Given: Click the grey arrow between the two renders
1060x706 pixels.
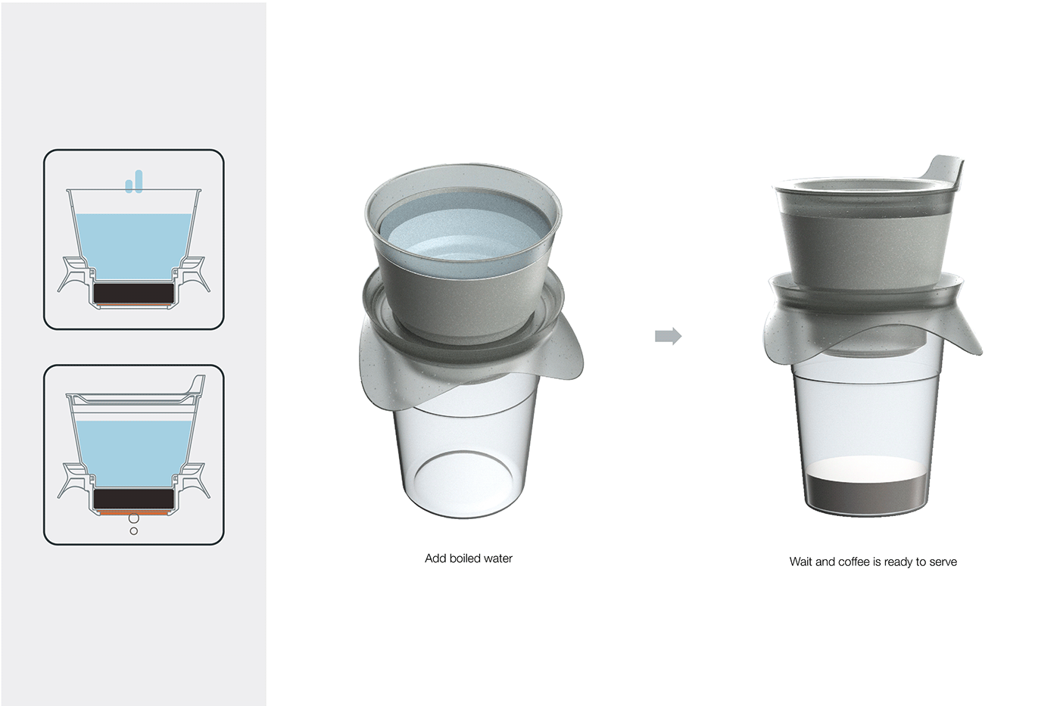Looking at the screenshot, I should [668, 336].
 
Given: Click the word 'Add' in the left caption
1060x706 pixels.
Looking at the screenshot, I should [435, 558].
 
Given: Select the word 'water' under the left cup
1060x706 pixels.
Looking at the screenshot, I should [497, 558].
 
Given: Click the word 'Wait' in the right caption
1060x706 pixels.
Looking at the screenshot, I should [801, 562].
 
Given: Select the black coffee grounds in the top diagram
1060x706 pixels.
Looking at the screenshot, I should [134, 292].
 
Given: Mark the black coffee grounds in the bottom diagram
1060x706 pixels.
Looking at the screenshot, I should [134, 499].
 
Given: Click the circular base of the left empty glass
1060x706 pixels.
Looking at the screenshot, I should [464, 484].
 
